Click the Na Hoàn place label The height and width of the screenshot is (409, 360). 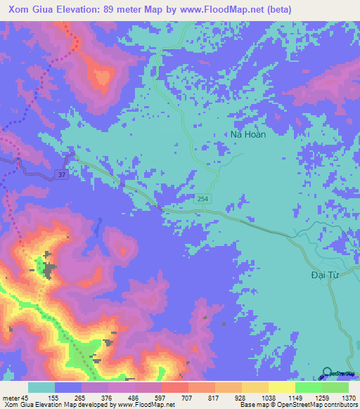click(248, 134)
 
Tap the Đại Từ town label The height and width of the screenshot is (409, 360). click(325, 275)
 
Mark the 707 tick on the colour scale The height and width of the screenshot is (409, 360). click(188, 397)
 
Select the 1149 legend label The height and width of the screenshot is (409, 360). click(295, 397)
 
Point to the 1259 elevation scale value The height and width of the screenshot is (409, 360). click(322, 397)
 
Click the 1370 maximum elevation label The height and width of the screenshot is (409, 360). click(348, 397)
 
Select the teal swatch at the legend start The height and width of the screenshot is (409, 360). click(41, 387)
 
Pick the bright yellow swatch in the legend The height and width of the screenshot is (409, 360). click(281, 387)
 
